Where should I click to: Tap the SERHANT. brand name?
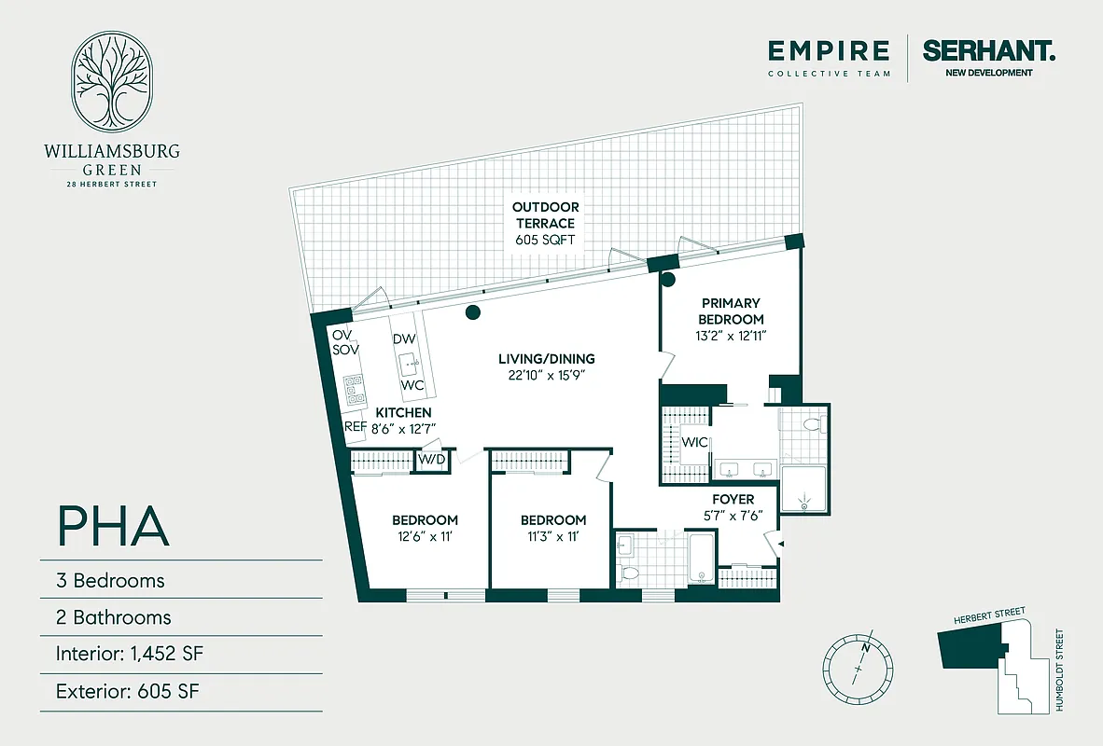pyautogui.click(x=989, y=50)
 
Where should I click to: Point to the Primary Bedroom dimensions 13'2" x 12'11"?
pyautogui.click(x=732, y=336)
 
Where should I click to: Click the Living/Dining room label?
pyautogui.click(x=546, y=359)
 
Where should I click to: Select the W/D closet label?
pyautogui.click(x=430, y=460)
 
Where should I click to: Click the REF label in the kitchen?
pyautogui.click(x=355, y=427)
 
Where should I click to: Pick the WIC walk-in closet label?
pyautogui.click(x=693, y=442)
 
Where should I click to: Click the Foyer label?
pyautogui.click(x=733, y=500)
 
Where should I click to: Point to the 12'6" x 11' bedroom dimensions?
pyautogui.click(x=425, y=536)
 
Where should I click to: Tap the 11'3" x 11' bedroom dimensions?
pyautogui.click(x=553, y=536)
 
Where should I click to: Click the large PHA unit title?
pyautogui.click(x=114, y=526)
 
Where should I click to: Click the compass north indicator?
pyautogui.click(x=867, y=645)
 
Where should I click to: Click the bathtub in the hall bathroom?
pyautogui.click(x=699, y=558)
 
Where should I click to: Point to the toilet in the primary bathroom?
pyautogui.click(x=810, y=425)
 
